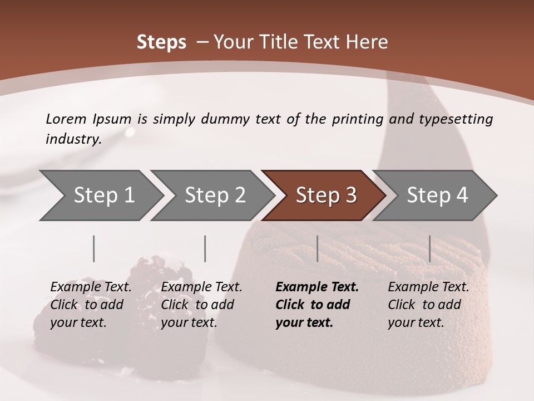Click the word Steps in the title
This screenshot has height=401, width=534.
(161, 42)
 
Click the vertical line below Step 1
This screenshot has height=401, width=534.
(94, 248)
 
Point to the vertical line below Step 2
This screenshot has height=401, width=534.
(205, 248)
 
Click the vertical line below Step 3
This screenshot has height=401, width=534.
(318, 248)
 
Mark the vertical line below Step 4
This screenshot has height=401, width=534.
(429, 248)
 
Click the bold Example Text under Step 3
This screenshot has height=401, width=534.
(317, 287)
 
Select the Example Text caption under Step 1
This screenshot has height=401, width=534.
(91, 287)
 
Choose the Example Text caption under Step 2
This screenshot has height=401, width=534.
(201, 287)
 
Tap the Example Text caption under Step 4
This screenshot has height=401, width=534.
(428, 287)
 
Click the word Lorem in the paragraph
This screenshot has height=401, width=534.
(66, 119)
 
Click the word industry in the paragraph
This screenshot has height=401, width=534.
(72, 139)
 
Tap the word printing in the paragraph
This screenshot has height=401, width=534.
(357, 119)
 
